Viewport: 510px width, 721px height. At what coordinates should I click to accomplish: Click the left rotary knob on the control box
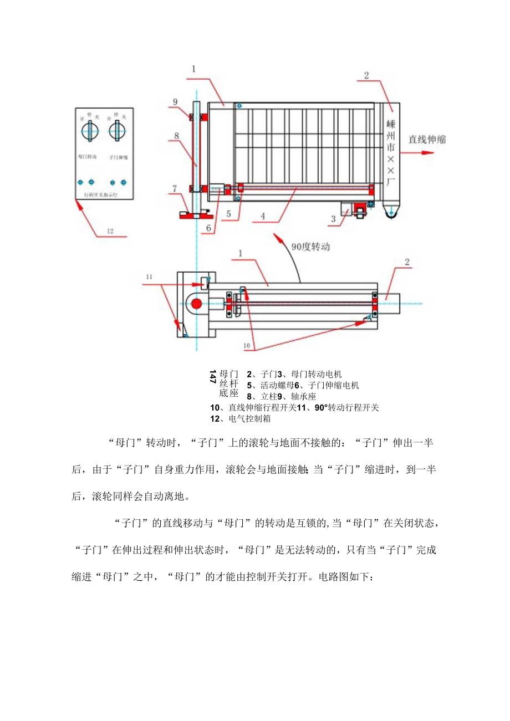88,131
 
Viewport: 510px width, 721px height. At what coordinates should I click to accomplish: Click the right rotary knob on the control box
116,131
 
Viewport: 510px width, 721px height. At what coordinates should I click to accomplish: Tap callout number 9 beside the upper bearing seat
175,101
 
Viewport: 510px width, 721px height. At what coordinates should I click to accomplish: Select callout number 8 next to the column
175,135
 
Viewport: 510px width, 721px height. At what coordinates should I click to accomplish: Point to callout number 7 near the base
174,189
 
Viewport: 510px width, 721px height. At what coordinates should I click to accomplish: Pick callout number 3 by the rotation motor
333,219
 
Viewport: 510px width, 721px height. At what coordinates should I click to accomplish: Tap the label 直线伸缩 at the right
427,140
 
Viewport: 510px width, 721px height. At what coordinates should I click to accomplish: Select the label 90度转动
310,247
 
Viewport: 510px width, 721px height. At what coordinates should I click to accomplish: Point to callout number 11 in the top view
149,275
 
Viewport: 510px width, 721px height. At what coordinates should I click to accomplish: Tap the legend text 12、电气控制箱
241,418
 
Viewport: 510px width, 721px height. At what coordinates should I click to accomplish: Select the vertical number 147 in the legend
213,377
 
